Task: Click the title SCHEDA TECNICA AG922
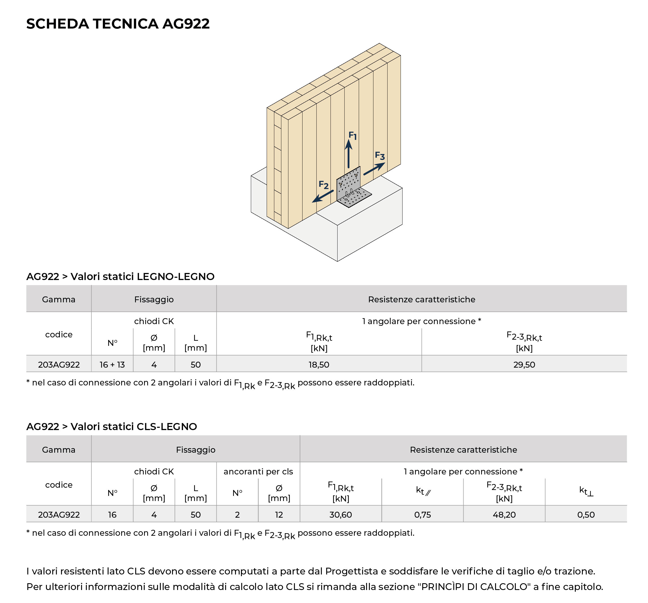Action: (118, 24)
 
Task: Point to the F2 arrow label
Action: (323, 185)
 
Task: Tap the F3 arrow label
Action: (380, 156)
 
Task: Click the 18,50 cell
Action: (319, 365)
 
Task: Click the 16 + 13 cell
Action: (112, 365)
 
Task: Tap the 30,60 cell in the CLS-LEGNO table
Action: (340, 515)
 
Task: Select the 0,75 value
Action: (422, 515)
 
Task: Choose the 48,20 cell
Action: (504, 515)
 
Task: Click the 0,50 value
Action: (586, 515)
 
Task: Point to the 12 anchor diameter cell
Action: (279, 515)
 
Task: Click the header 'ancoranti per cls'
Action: (258, 471)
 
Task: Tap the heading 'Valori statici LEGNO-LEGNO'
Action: (142, 277)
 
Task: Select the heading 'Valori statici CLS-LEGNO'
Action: (134, 427)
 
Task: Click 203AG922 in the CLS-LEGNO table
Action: (59, 515)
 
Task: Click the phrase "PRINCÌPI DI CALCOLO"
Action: (474, 587)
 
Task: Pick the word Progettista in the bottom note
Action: (351, 571)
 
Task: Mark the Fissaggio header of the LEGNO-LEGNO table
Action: (154, 299)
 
